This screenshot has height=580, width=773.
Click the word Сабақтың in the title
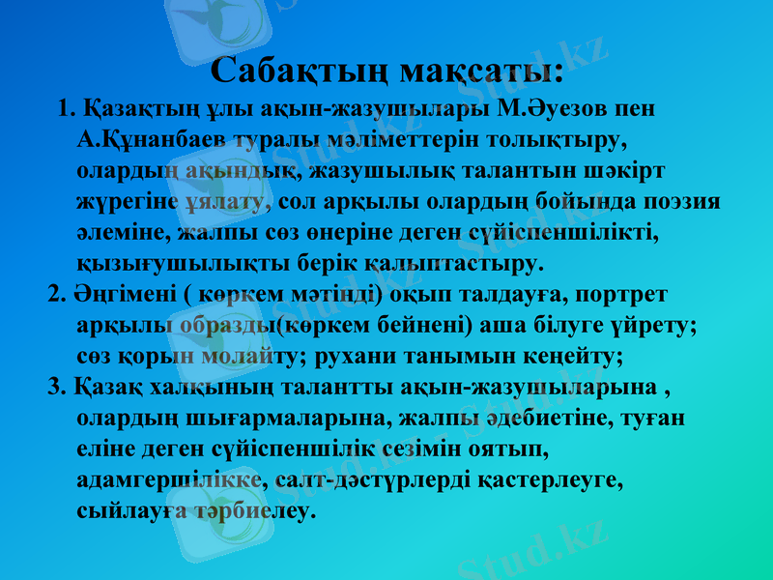(x=297, y=71)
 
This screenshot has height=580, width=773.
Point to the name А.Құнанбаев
(x=150, y=138)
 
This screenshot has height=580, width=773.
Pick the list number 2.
(x=57, y=294)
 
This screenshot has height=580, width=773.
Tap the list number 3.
(x=57, y=388)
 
